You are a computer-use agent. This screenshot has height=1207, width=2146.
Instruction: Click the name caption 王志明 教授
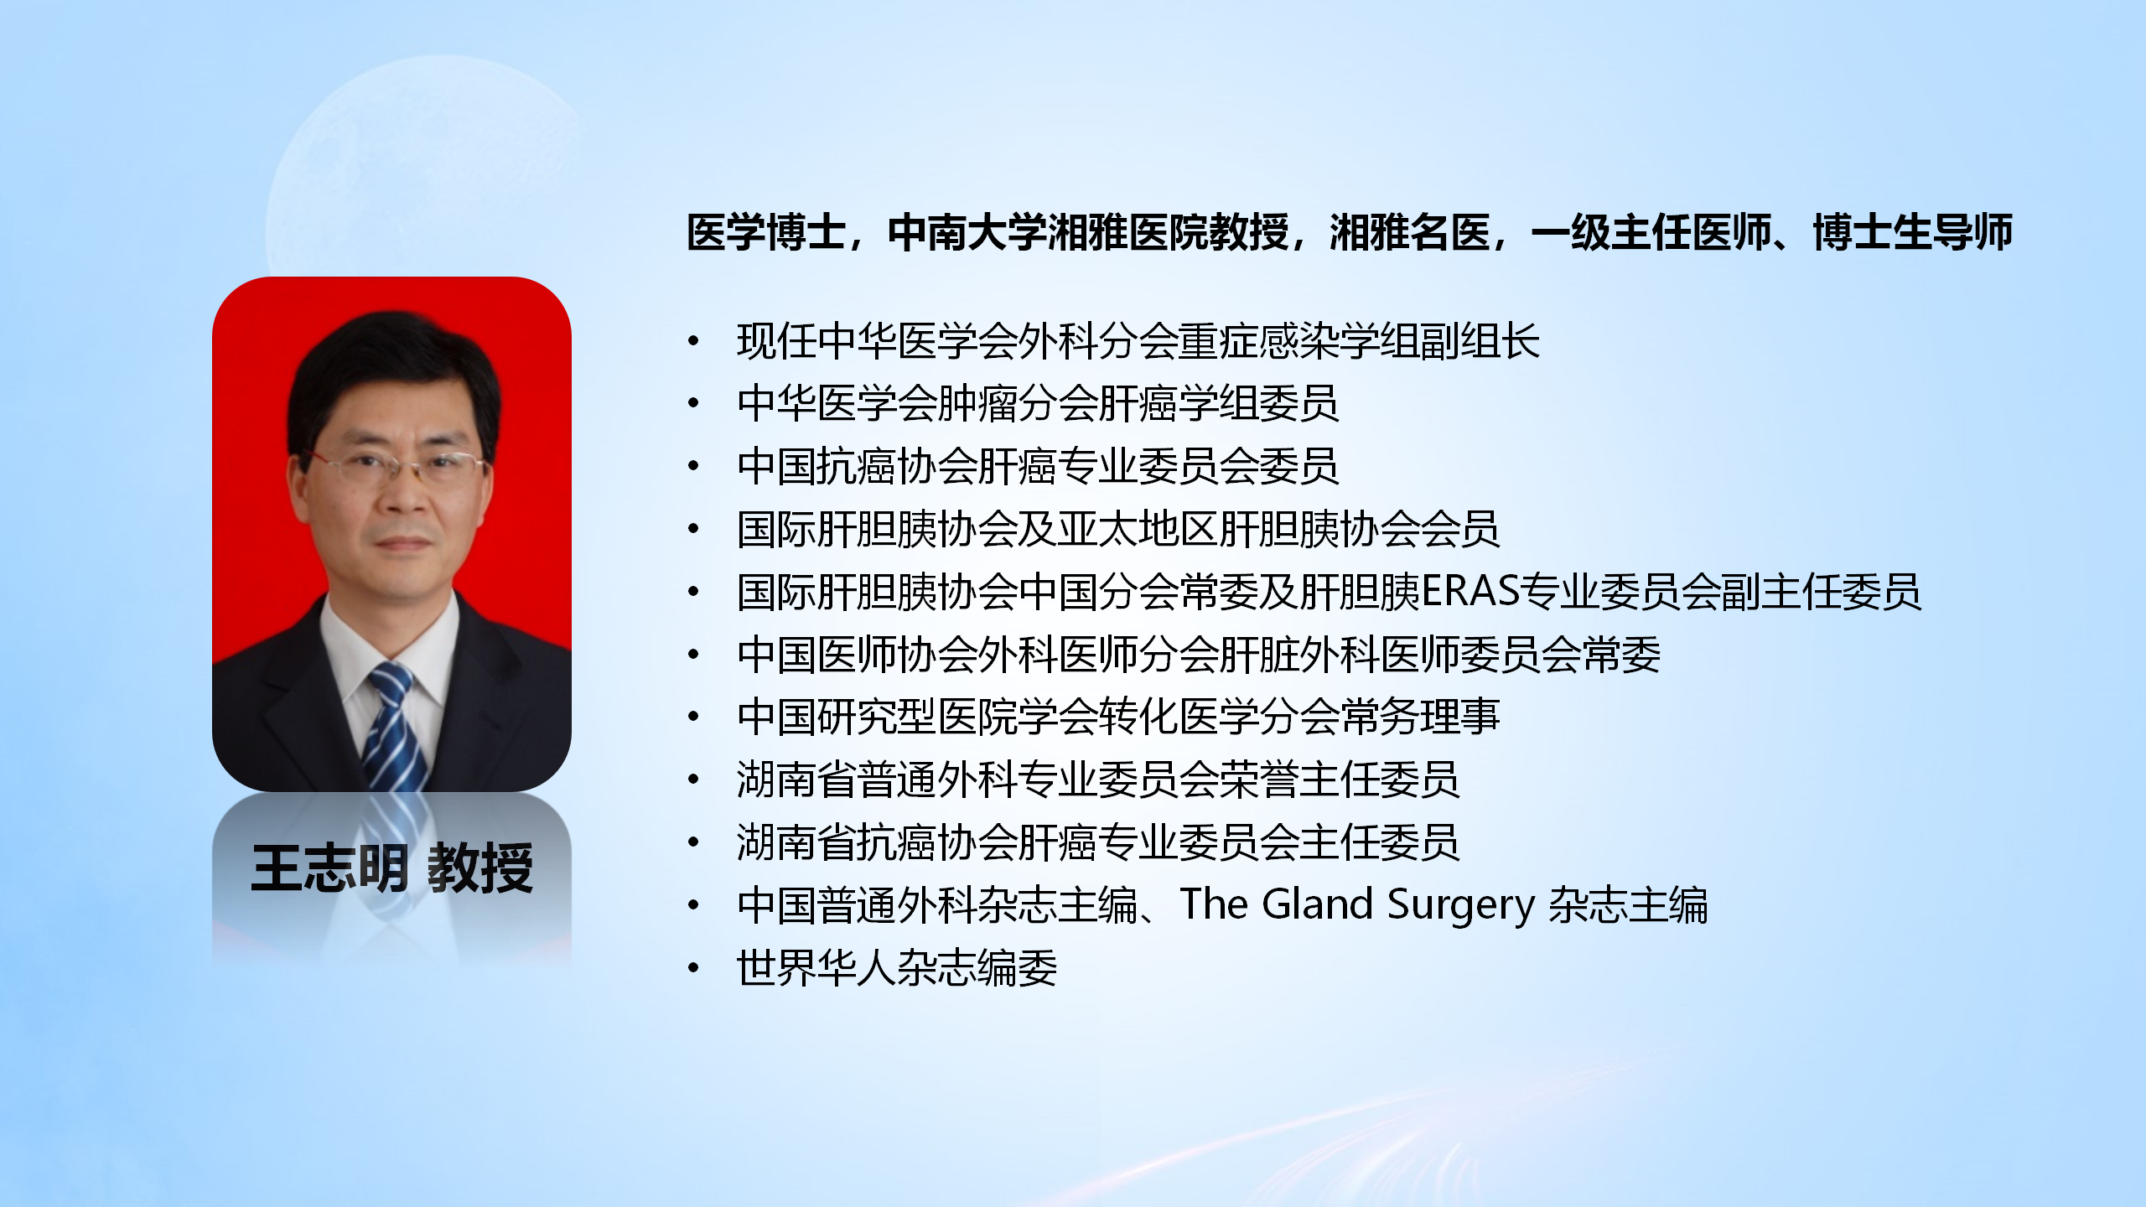(392, 868)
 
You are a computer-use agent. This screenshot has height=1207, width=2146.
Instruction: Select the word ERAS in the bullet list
(1470, 592)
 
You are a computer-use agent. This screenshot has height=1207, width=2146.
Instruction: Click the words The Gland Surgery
(1356, 905)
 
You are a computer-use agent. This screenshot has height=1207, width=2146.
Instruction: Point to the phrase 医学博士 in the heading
(766, 232)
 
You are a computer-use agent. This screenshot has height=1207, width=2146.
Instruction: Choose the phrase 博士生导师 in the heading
(1913, 232)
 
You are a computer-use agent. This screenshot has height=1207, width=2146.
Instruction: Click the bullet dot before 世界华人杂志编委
(693, 968)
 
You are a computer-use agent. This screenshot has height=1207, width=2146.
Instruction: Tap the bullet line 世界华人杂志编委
(897, 968)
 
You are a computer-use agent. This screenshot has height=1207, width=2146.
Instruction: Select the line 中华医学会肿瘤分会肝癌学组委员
(1038, 403)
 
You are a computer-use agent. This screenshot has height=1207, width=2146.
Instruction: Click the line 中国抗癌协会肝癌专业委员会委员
(1038, 466)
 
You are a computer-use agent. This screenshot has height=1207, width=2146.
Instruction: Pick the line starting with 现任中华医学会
(1138, 341)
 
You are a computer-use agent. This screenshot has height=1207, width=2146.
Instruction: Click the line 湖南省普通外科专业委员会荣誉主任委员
(1098, 780)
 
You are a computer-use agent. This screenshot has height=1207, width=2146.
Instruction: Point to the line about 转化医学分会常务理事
(1118, 717)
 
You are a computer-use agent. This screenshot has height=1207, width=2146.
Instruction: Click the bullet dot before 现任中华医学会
(693, 341)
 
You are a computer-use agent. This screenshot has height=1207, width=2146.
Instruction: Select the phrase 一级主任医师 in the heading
(1651, 232)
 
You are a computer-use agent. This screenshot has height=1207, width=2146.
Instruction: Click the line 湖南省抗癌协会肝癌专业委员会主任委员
(1098, 842)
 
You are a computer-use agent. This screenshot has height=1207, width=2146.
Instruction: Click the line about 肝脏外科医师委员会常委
(1199, 655)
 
